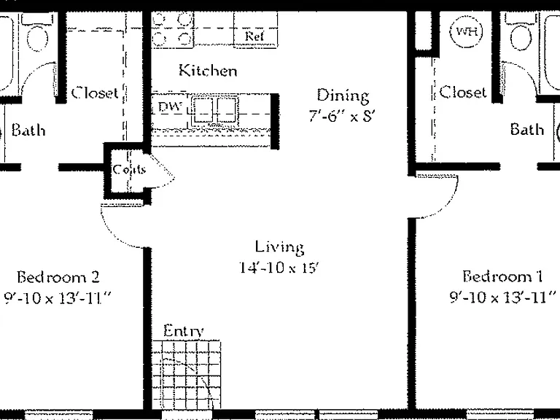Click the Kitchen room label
tap(208, 70)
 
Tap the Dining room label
tap(343, 96)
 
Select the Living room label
tap(279, 247)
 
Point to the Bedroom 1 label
tap(502, 276)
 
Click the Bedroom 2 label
tap(58, 277)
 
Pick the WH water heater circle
tap(467, 31)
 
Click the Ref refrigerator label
tap(254, 36)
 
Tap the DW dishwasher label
tap(170, 106)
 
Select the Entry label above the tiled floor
tap(184, 331)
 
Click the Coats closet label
tap(129, 168)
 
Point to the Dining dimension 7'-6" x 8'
tap(341, 115)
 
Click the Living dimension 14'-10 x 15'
tap(279, 267)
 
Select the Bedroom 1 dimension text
tap(503, 297)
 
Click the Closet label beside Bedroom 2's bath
tap(95, 93)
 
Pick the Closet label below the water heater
tap(463, 92)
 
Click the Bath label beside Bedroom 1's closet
tap(527, 129)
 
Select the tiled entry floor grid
tap(187, 375)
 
